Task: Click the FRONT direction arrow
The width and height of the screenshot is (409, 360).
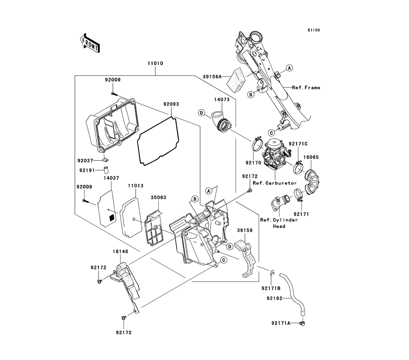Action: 89,43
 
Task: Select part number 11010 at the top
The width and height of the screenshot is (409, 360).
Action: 155,64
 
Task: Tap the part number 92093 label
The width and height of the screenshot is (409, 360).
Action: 171,104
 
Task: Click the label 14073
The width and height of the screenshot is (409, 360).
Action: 221,99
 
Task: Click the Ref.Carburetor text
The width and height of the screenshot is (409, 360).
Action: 274,183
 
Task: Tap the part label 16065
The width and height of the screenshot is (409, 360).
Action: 311,157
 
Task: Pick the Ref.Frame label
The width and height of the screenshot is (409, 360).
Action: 306,88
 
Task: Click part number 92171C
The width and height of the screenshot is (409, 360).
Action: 298,144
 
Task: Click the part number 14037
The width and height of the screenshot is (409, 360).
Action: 111,178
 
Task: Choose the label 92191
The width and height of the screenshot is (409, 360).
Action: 87,169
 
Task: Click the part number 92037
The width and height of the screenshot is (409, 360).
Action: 87,161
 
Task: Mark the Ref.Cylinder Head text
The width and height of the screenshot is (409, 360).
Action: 279,223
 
